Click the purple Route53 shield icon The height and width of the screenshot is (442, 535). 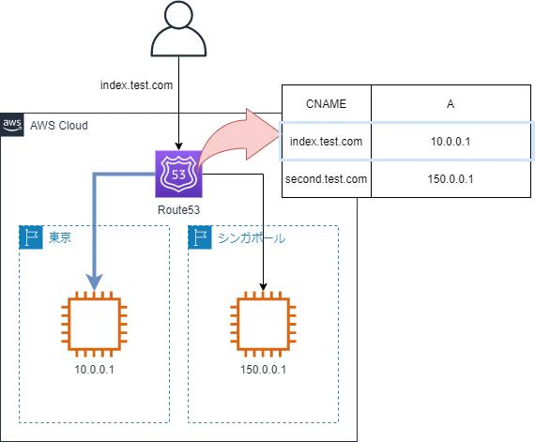coord(178,174)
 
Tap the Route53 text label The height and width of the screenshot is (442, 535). coord(178,210)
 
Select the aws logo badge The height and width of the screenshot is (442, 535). coord(12,125)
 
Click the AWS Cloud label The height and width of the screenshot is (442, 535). coord(59,126)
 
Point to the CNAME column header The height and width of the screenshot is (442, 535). coord(327,103)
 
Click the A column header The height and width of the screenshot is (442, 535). coord(451,103)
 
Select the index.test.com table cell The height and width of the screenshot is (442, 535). coord(327,141)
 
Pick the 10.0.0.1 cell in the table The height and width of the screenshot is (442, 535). coord(451,141)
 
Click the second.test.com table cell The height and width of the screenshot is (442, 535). coord(327,178)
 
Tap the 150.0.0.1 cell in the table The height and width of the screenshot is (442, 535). coord(451,178)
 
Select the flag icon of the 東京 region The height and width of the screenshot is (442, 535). coord(31,237)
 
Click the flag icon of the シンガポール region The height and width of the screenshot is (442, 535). coord(200,237)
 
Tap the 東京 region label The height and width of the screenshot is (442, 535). coord(60,237)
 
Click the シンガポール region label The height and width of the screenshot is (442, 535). coord(252,238)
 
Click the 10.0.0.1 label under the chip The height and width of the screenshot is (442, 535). coord(95,370)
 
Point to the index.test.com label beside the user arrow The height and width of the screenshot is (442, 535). coord(136,85)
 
